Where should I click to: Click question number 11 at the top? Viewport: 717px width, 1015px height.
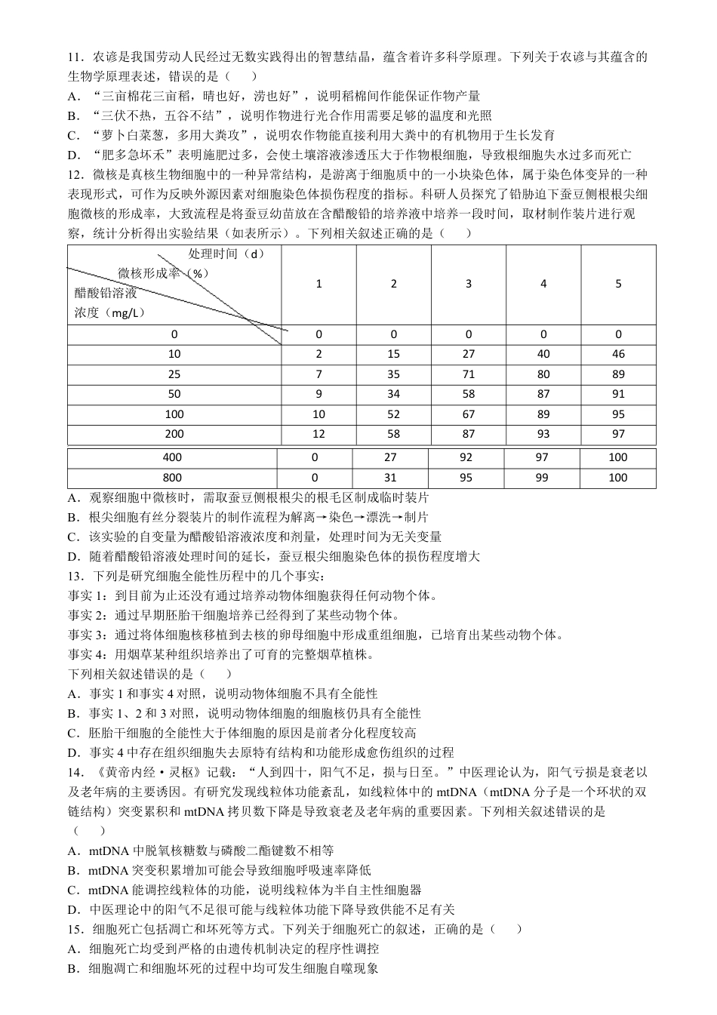pyautogui.click(x=75, y=57)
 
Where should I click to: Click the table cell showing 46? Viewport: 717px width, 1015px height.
pyautogui.click(x=618, y=354)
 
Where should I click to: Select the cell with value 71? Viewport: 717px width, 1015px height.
pyautogui.click(x=468, y=374)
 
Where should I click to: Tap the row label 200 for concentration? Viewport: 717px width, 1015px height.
pyautogui.click(x=174, y=434)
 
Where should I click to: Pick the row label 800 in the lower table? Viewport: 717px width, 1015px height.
pyautogui.click(x=172, y=478)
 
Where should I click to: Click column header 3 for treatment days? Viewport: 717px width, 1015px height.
pyautogui.click(x=468, y=284)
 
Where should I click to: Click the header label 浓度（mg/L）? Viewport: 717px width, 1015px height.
pyautogui.click(x=109, y=312)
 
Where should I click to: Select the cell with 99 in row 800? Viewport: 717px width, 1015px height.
pyautogui.click(x=542, y=478)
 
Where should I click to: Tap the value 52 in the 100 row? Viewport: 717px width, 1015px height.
pyautogui.click(x=393, y=414)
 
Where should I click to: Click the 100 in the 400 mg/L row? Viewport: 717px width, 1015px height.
pyautogui.click(x=617, y=457)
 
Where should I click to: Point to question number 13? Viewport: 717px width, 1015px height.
pyautogui.click(x=75, y=577)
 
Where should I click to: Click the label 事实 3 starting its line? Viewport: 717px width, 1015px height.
pyautogui.click(x=87, y=635)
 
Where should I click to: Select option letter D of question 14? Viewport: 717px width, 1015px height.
pyautogui.click(x=73, y=909)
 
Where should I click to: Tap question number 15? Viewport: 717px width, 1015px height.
pyautogui.click(x=75, y=929)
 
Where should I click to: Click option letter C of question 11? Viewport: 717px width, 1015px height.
pyautogui.click(x=73, y=136)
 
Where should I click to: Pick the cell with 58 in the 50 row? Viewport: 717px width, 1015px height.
pyautogui.click(x=468, y=394)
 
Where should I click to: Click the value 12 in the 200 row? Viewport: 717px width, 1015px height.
pyautogui.click(x=318, y=434)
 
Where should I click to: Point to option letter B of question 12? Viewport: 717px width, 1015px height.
pyautogui.click(x=73, y=518)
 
